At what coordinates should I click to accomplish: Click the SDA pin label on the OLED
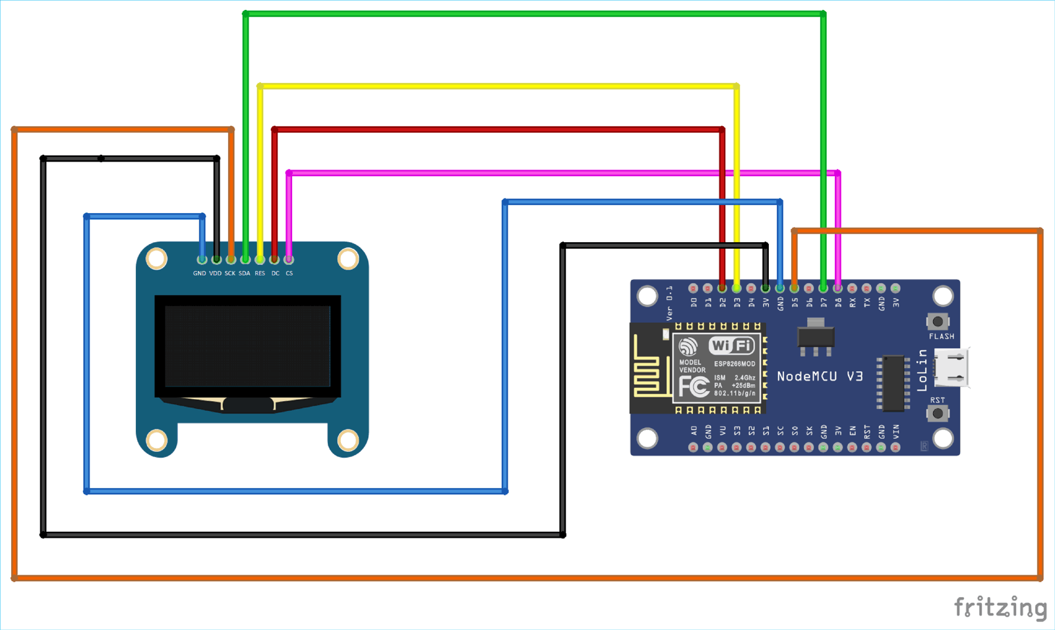pyautogui.click(x=244, y=273)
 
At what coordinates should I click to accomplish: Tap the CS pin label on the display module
pyautogui.click(x=289, y=273)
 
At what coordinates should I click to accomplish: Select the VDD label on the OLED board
pyautogui.click(x=215, y=273)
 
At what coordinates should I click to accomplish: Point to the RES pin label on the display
pyautogui.click(x=260, y=273)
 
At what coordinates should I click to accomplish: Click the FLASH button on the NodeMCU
pyautogui.click(x=938, y=322)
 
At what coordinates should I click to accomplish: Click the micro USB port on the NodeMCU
pyautogui.click(x=953, y=368)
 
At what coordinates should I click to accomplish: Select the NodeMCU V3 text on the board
pyautogui.click(x=820, y=377)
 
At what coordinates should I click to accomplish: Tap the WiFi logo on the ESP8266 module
pyautogui.click(x=731, y=346)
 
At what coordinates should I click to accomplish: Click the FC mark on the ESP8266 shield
pyautogui.click(x=694, y=387)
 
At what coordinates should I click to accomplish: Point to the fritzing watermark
pyautogui.click(x=1000, y=607)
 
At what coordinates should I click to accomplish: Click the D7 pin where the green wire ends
pyautogui.click(x=823, y=288)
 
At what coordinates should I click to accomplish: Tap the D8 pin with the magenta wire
pyautogui.click(x=837, y=288)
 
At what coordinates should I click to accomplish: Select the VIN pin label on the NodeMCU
pyautogui.click(x=895, y=432)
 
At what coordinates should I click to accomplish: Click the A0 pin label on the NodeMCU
pyautogui.click(x=694, y=431)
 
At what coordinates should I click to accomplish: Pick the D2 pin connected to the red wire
pyautogui.click(x=722, y=288)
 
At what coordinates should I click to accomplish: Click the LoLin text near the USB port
pyautogui.click(x=922, y=371)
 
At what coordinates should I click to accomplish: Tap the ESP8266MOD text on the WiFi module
pyautogui.click(x=735, y=364)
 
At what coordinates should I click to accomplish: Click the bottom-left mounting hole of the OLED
pyautogui.click(x=156, y=439)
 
